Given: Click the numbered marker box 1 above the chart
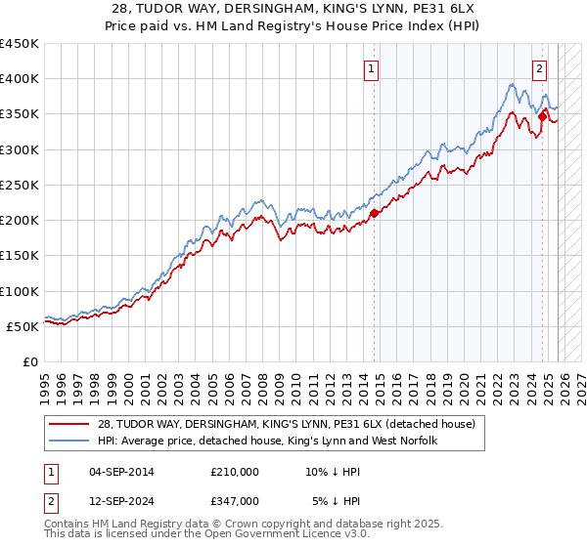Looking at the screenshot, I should tap(373, 69).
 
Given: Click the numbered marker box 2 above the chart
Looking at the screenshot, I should tap(540, 69).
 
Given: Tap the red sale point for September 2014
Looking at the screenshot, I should tap(374, 214).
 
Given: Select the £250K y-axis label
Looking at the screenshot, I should tap(20, 185).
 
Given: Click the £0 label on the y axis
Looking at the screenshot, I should tap(29, 361).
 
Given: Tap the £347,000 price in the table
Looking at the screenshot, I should tap(235, 500).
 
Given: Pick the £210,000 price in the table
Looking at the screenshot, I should tap(235, 473).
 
